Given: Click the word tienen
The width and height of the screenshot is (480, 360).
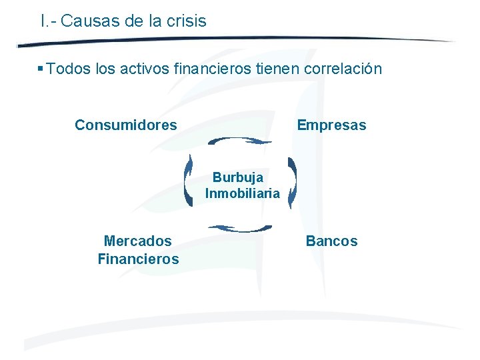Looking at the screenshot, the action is click(x=279, y=69).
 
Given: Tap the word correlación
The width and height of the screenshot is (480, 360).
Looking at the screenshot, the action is click(x=343, y=69).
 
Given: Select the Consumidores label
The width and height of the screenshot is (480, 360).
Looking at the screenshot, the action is click(x=126, y=125).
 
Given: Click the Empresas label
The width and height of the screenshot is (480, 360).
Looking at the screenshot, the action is click(x=331, y=125).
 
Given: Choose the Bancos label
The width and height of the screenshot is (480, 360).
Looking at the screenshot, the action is click(x=331, y=241).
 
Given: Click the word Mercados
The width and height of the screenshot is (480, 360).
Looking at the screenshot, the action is click(x=138, y=241).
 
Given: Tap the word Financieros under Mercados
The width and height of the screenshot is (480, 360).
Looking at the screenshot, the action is click(x=138, y=259).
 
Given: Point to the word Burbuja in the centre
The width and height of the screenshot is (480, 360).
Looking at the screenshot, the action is click(x=238, y=178).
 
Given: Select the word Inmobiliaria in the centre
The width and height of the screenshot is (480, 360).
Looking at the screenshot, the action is click(x=243, y=194).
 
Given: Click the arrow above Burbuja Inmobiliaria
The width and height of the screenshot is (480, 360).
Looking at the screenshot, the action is click(x=240, y=141).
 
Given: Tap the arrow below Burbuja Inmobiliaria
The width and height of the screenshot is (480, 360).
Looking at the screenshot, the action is click(x=240, y=229).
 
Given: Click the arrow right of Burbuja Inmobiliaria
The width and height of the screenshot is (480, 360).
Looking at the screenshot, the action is click(x=292, y=182).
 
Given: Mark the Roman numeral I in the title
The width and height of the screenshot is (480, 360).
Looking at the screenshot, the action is click(x=43, y=21).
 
